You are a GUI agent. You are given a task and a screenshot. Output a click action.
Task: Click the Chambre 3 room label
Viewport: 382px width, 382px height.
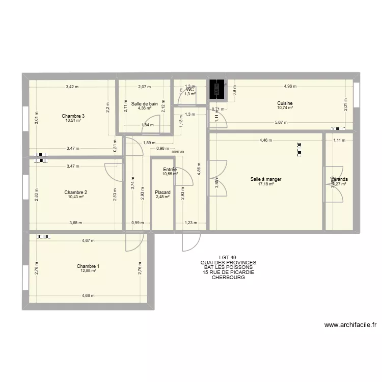click(73, 116)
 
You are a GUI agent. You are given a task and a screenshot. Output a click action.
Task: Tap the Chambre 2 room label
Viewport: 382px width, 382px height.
click(75, 193)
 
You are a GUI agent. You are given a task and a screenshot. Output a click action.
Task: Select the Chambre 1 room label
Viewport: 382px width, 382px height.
click(88, 266)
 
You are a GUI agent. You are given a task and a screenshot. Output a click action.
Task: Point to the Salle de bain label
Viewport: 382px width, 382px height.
click(144, 103)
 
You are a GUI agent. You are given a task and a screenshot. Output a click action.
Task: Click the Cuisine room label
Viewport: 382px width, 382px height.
click(285, 103)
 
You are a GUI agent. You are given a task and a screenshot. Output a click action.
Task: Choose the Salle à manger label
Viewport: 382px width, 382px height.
click(266, 179)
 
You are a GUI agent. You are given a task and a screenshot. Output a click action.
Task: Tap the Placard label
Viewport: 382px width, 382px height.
click(163, 193)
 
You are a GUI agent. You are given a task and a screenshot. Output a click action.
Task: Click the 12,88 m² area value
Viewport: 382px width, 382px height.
click(88, 271)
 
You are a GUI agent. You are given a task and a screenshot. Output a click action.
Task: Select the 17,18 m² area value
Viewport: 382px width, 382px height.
click(266, 184)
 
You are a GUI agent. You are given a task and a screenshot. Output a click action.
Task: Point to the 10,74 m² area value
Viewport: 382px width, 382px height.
click(285, 108)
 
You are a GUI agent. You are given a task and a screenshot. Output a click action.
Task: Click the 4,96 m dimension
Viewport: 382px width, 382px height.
click(292, 87)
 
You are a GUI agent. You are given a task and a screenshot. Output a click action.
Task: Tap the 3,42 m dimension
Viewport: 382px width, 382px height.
click(72, 87)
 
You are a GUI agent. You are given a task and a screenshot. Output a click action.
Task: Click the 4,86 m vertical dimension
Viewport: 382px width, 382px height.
click(199, 172)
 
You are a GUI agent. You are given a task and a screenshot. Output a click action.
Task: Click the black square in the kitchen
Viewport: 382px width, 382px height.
click(217, 90)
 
